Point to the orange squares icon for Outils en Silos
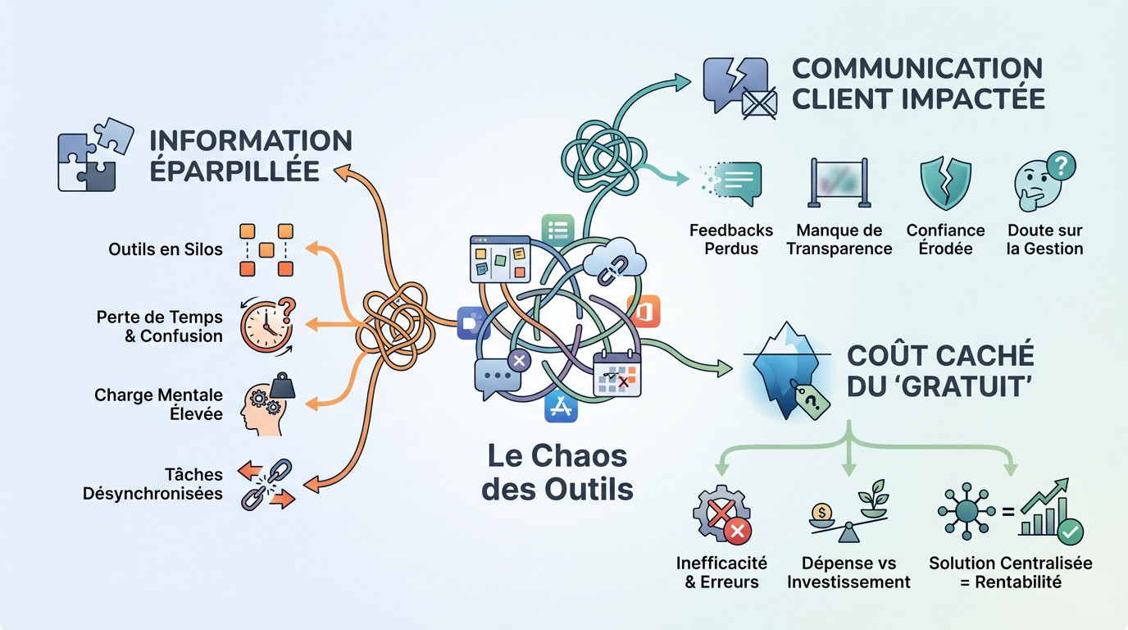coord(266,249)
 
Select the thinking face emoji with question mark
coord(1042,184)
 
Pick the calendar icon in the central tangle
coord(617,374)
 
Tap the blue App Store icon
coord(562,405)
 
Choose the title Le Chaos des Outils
coord(557,472)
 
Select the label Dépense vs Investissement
coord(848,573)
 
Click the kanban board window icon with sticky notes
coord(500,259)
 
